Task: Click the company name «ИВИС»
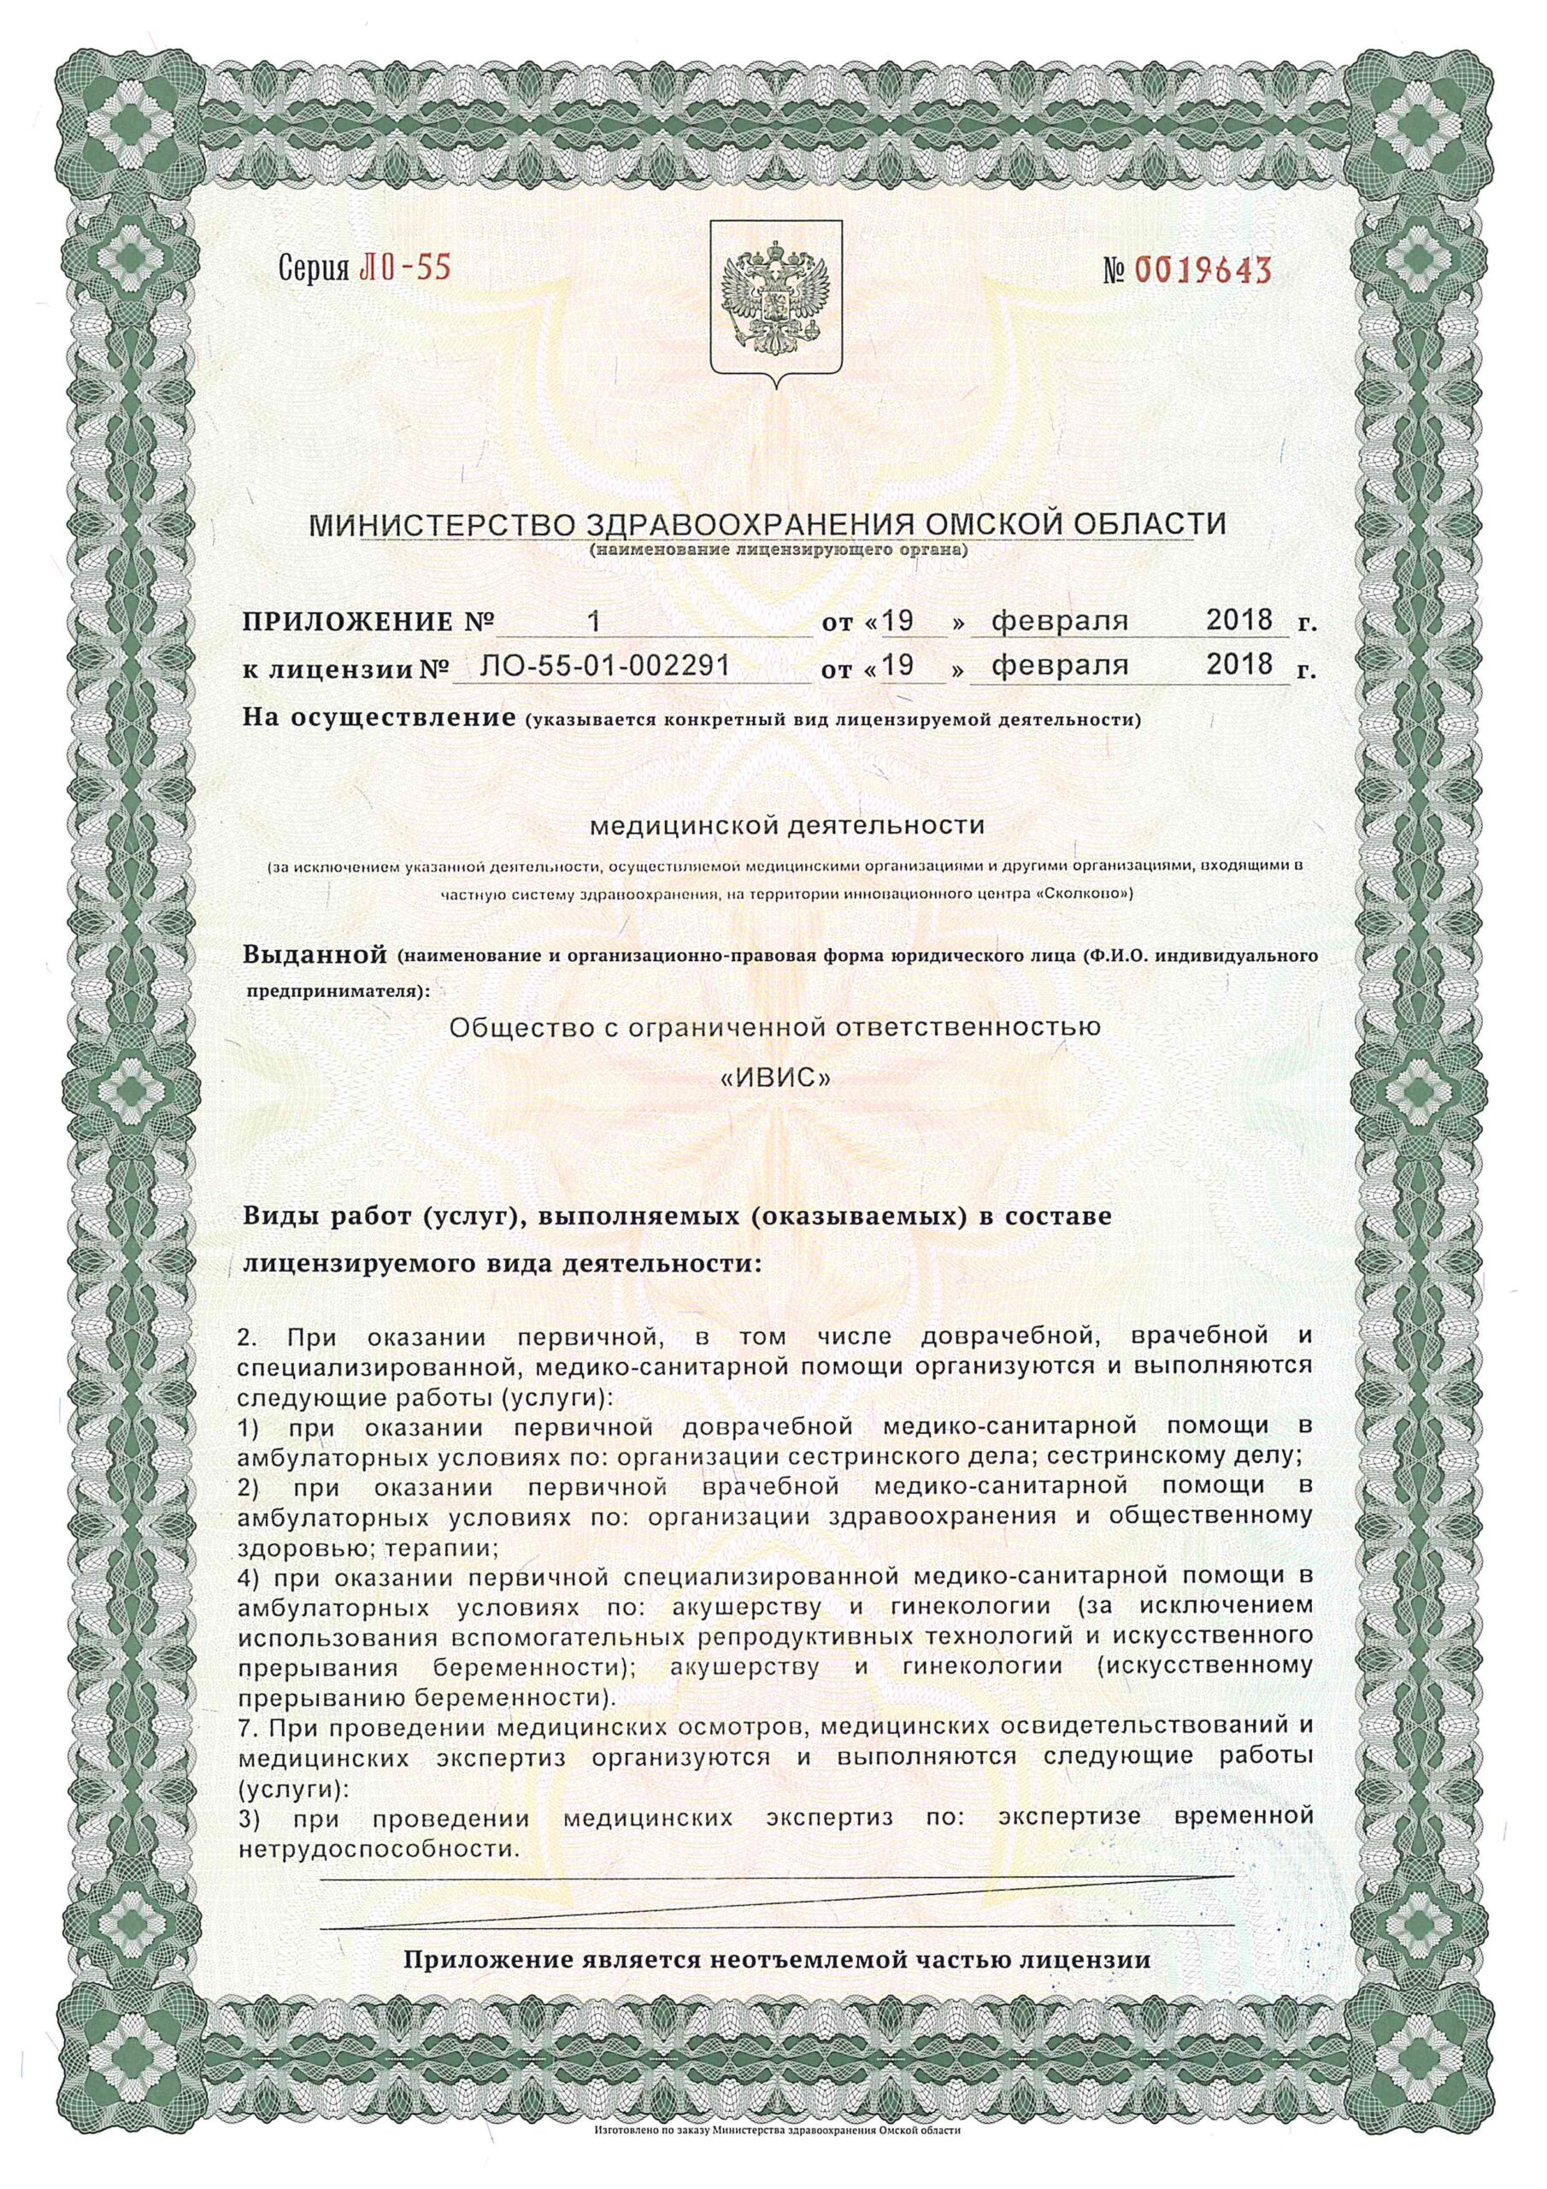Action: (774, 1078)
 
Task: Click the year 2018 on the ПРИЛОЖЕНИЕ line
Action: (1239, 621)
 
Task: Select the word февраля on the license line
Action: (1060, 664)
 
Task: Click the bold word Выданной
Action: (315, 954)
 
